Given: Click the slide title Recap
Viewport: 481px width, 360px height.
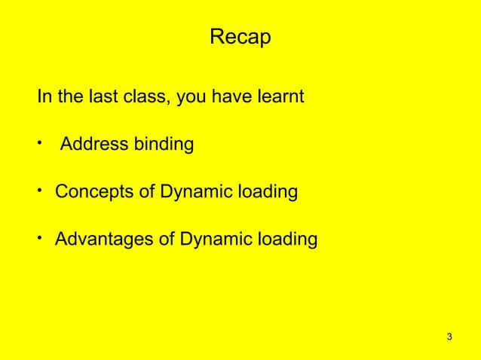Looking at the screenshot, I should pos(240,37).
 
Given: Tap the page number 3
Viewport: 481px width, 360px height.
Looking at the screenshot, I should pos(449,336).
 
